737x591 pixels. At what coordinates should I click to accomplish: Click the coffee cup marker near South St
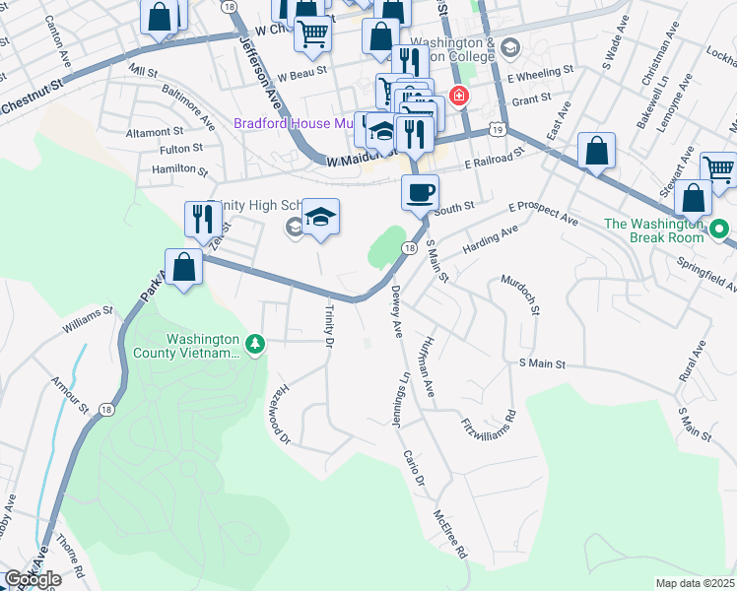pos(420,191)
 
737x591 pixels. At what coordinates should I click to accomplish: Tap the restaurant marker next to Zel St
pos(202,219)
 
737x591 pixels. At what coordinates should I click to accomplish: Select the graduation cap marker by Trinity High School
pos(320,215)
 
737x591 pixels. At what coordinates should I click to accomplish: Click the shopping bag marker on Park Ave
pos(183,266)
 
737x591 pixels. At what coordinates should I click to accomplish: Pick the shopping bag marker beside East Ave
pos(596,151)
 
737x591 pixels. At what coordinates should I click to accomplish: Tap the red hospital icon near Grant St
pos(458,97)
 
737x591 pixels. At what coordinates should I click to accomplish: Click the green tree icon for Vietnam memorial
pos(256,344)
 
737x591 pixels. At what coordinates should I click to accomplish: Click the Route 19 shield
pos(498,129)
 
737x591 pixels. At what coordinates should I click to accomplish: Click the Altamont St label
pos(155,131)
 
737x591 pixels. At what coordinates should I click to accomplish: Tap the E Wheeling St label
pos(540,72)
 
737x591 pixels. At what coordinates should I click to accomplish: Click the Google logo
pos(33,579)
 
